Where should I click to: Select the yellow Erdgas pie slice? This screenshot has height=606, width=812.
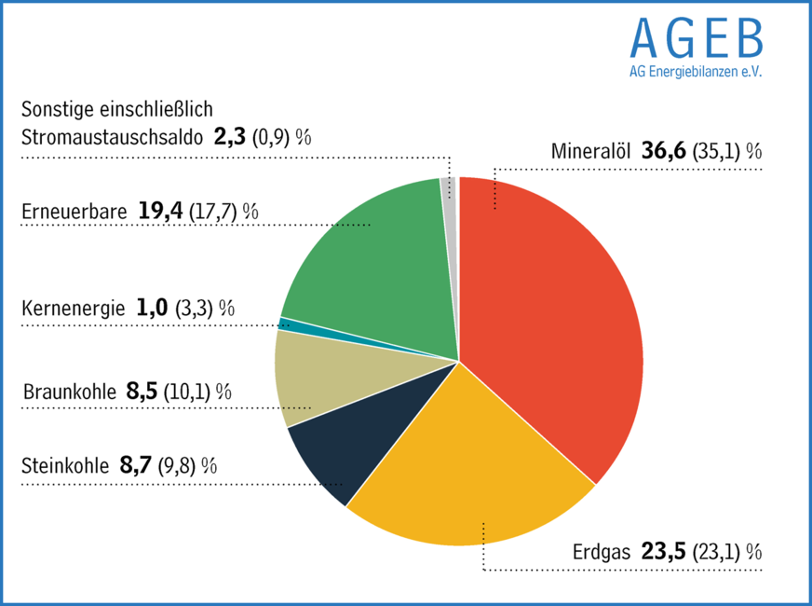[x=466, y=466]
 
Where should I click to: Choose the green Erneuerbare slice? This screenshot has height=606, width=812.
[x=372, y=261]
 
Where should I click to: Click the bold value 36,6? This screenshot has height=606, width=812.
[x=664, y=151]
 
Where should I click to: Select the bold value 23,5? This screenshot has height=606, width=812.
[x=664, y=551]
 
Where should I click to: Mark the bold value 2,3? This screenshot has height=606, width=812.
[x=229, y=137]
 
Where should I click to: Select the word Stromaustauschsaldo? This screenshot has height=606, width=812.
[x=112, y=138]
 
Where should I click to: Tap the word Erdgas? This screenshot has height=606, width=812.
[x=602, y=551]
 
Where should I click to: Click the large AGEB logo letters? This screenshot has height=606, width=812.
[x=697, y=36]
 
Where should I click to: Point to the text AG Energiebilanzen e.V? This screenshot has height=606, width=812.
[x=696, y=72]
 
